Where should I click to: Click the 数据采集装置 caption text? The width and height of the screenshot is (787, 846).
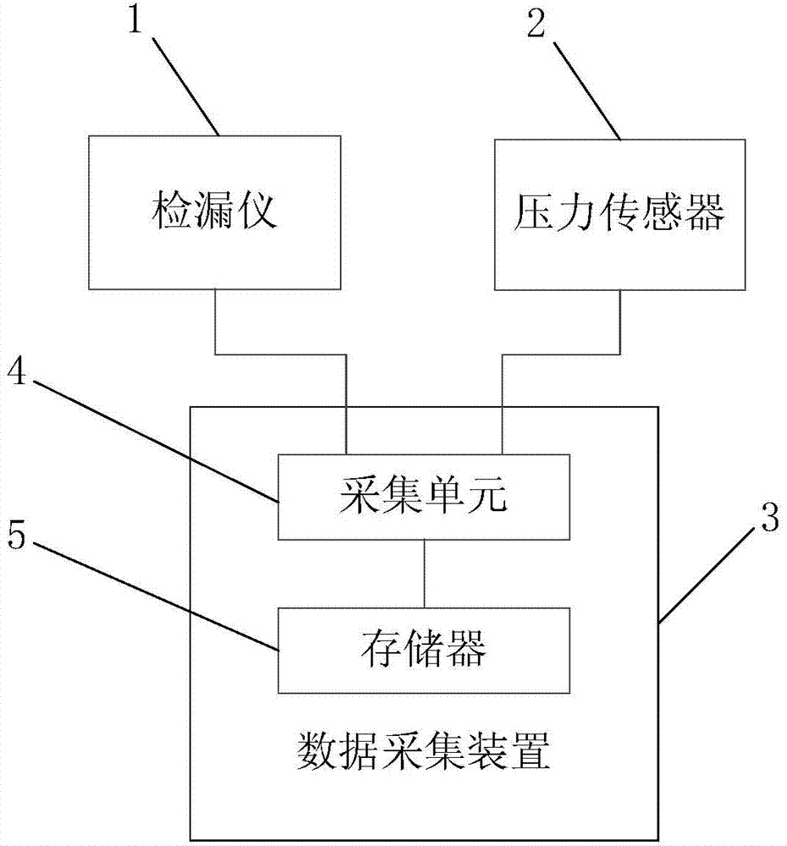(424, 750)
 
